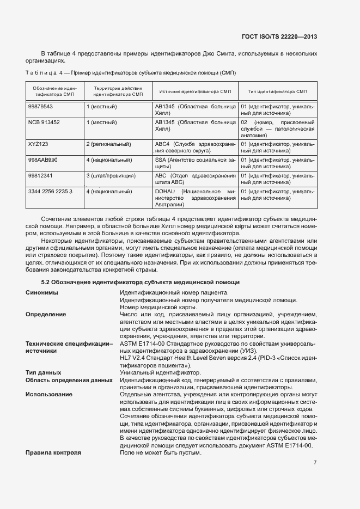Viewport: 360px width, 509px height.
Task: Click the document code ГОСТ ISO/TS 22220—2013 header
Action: pos(279,36)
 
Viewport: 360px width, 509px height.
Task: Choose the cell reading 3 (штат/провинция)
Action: pos(111,176)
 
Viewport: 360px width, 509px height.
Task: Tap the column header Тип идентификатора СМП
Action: pos(277,91)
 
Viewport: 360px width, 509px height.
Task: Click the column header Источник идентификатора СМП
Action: pos(195,91)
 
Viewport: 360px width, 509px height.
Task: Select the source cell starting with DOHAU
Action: pos(195,199)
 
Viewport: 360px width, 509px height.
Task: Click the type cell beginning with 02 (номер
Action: pos(277,130)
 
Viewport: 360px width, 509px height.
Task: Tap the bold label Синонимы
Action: pos(42,293)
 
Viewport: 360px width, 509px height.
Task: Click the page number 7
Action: pos(315,463)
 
